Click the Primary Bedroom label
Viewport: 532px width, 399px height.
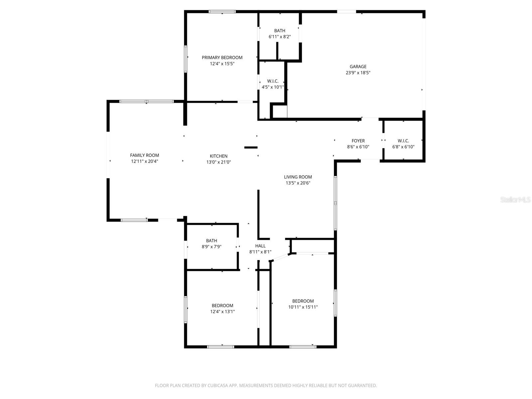pos(222,58)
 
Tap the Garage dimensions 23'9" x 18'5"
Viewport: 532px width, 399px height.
pos(358,73)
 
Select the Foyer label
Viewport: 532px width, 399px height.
pos(358,141)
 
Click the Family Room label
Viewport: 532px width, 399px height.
pos(144,155)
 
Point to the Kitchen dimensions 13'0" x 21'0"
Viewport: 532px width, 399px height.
pos(218,162)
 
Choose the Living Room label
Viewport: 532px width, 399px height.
pos(298,177)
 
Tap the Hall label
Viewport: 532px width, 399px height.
pos(260,246)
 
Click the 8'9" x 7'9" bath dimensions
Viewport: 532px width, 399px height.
pos(211,247)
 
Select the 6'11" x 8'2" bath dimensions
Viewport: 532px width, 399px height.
pos(280,37)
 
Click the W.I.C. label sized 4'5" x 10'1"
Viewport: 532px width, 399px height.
pos(273,81)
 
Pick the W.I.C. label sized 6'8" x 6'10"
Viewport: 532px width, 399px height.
pos(403,141)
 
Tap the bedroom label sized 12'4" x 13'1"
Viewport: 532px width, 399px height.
pos(222,306)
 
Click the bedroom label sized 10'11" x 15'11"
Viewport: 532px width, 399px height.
pos(303,301)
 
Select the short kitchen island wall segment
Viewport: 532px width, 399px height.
pos(251,147)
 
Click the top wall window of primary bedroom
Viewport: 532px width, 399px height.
pos(222,12)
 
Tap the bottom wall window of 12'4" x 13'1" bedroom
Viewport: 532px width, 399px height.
pos(220,347)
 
